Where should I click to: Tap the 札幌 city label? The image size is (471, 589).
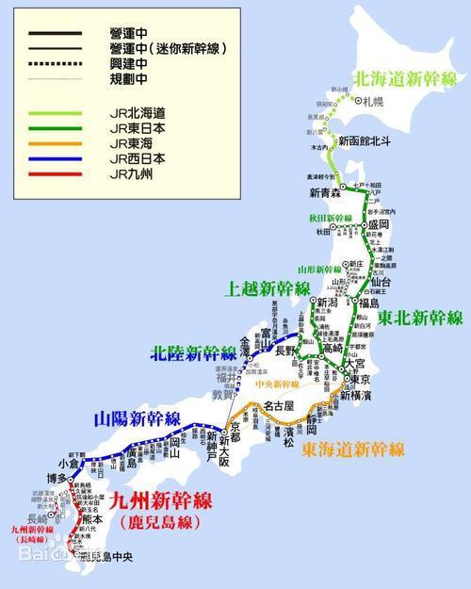(369, 97)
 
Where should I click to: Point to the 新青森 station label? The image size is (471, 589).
(324, 193)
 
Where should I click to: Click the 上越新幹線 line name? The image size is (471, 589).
(267, 289)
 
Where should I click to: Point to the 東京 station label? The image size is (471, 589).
(359, 379)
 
